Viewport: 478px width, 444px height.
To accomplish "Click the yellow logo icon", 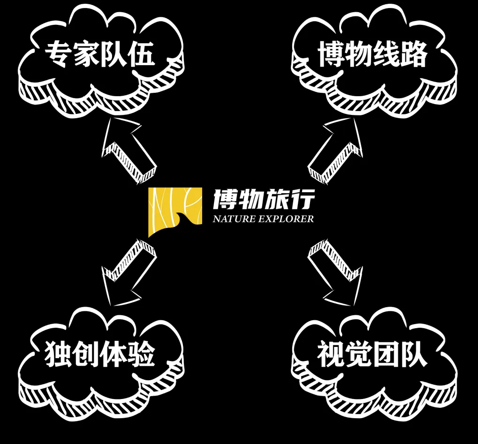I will [175, 211].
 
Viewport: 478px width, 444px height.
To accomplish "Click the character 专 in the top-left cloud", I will [58, 55].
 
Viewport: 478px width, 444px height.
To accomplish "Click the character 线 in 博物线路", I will [387, 55].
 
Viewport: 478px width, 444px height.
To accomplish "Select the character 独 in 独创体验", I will [58, 355].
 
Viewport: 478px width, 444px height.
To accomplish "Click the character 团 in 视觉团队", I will [387, 355].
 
